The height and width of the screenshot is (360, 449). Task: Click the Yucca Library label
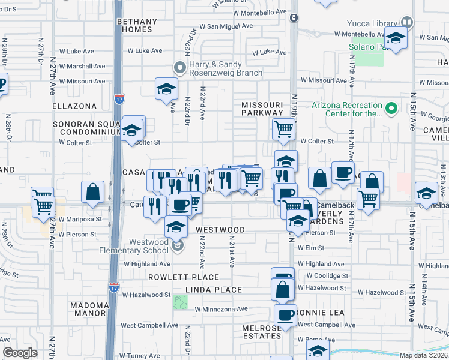point(372,23)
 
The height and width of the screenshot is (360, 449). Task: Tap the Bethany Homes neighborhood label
point(137,25)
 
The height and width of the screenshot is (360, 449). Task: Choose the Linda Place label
point(213,290)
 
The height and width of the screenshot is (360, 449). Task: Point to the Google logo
point(20,352)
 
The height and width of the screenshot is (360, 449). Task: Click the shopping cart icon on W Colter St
point(283,128)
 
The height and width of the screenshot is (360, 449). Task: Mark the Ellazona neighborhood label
point(74,106)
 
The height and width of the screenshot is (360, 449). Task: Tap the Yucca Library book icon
point(407,22)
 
